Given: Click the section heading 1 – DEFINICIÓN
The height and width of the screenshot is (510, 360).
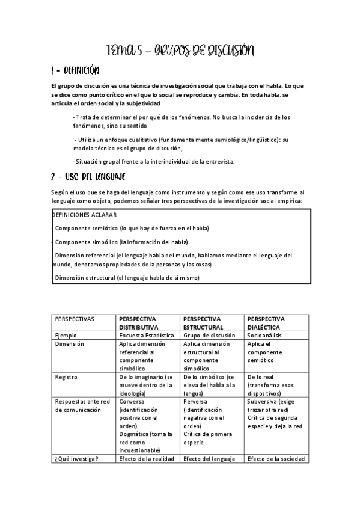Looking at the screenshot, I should click(x=73, y=71).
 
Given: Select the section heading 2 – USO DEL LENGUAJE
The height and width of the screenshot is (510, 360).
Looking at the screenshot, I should click(x=88, y=176).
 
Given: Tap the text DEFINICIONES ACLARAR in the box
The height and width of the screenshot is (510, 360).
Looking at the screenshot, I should click(x=84, y=215).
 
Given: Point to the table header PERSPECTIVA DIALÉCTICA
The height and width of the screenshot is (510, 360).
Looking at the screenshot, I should click(x=266, y=322).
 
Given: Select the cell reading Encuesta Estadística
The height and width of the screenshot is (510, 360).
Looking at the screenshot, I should click(x=147, y=335).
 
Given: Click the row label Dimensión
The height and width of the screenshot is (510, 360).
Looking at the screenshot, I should click(x=69, y=343).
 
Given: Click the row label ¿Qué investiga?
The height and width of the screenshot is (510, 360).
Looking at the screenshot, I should click(x=77, y=458).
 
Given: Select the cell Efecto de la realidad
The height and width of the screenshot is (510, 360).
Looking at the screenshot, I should click(x=147, y=458).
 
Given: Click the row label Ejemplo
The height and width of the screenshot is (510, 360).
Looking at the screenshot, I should click(x=66, y=335).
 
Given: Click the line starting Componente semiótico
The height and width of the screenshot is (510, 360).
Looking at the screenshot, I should click(x=123, y=228).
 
